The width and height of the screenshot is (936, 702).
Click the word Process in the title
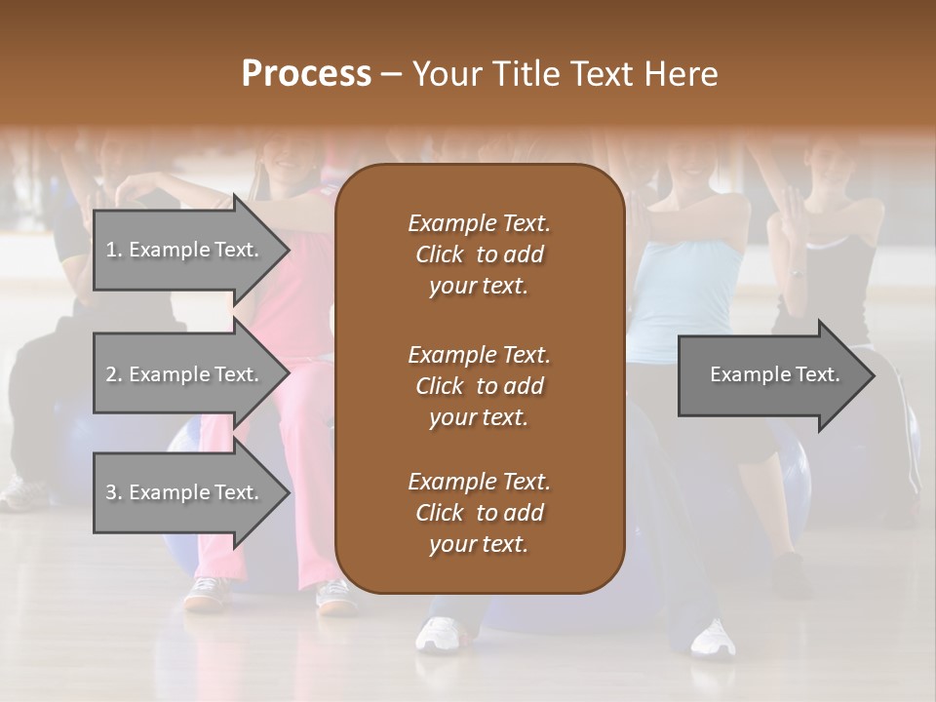click(306, 74)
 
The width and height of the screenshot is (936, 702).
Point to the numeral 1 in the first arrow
click(110, 250)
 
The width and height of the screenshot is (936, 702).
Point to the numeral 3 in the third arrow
click(110, 492)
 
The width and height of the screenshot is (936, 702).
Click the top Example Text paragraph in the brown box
click(479, 254)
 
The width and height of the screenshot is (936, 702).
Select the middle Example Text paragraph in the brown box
click(479, 385)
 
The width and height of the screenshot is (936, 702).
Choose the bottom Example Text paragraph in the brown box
click(479, 513)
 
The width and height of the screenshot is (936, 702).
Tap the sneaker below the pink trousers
click(206, 592)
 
